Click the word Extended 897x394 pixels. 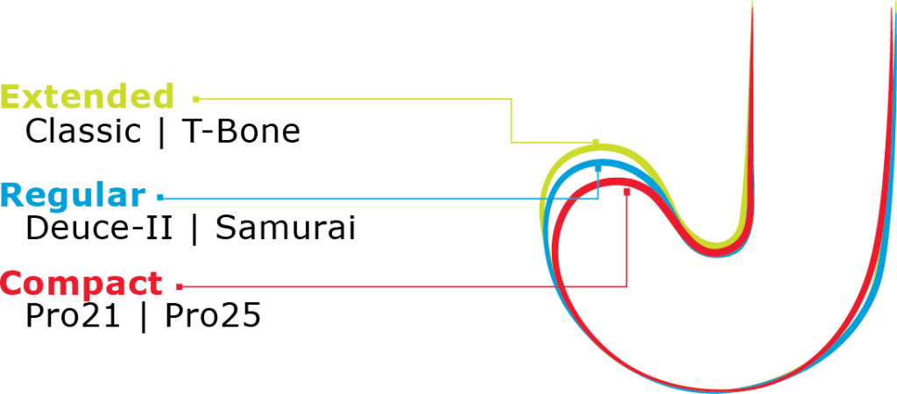88,96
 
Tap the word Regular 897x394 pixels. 74,195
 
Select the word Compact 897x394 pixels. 81,284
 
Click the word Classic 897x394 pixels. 83,132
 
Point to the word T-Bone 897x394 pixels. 241,132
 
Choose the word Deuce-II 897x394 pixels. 98,229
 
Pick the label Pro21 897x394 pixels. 73,316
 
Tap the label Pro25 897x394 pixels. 214,316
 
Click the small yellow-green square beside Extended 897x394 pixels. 196,99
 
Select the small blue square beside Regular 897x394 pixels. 161,197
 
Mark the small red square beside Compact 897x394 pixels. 180,285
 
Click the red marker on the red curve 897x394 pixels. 627,192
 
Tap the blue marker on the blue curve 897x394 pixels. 598,168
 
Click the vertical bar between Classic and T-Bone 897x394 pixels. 161,133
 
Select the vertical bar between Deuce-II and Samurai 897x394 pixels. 194,229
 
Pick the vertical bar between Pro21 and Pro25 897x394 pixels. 143,317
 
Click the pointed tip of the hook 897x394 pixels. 752,3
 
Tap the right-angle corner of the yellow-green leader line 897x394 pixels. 511,143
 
